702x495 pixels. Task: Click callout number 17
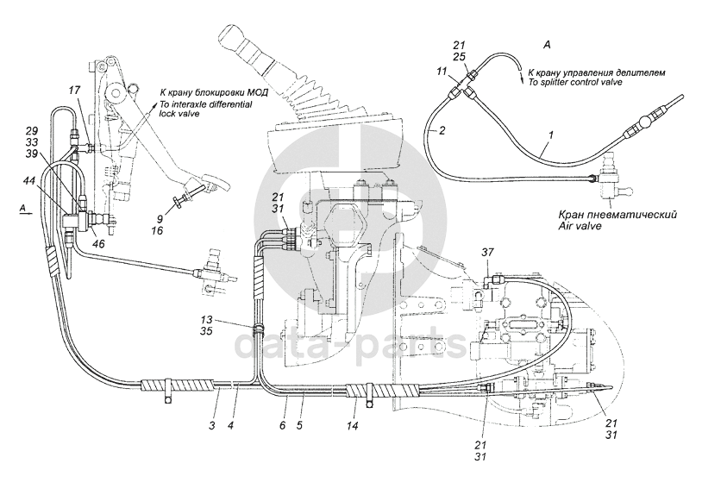click(x=74, y=91)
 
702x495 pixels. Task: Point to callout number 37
click(x=487, y=253)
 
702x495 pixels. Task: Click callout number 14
click(x=353, y=426)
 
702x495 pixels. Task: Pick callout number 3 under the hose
click(x=212, y=425)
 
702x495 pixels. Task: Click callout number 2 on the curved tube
click(x=442, y=131)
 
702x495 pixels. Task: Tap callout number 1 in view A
click(x=552, y=134)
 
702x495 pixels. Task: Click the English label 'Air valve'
click(x=580, y=226)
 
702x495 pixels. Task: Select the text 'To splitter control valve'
click(x=575, y=82)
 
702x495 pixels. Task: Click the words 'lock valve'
click(x=180, y=114)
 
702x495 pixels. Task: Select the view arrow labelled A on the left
click(x=25, y=215)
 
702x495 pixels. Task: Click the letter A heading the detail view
click(x=547, y=45)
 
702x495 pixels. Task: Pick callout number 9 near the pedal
click(x=160, y=220)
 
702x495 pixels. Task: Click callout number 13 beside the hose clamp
click(x=207, y=321)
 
